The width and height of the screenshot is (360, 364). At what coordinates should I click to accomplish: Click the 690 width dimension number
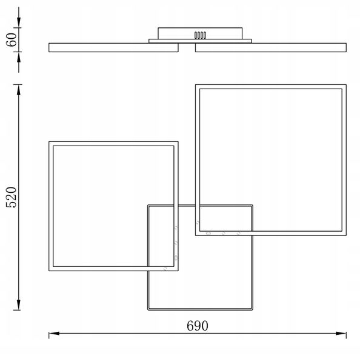tap(198, 326)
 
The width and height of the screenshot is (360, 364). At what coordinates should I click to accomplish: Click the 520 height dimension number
tap(12, 197)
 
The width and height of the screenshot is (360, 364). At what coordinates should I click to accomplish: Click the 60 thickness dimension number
tap(12, 39)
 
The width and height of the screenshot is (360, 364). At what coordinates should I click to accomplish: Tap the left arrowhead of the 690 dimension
tap(54, 333)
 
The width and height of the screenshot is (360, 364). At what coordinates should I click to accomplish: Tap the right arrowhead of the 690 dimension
tap(341, 333)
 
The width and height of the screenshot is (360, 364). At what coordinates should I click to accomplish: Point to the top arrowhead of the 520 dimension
tap(19, 90)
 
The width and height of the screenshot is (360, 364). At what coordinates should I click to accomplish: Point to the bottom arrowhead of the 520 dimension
tap(19, 305)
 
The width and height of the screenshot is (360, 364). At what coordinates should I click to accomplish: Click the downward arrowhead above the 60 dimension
tap(19, 22)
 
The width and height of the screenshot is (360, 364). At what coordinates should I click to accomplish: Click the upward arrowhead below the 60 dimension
tap(19, 57)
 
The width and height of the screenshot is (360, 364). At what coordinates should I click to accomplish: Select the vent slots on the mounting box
tap(200, 35)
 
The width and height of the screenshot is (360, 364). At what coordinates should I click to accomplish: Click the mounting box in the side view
tap(200, 33)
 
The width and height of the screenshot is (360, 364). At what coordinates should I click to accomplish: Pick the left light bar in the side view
tap(113, 47)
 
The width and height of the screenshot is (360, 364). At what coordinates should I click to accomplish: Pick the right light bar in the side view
tap(271, 47)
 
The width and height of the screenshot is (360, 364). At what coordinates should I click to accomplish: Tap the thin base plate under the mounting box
tap(200, 41)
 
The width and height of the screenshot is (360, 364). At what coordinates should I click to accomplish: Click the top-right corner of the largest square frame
tap(346, 84)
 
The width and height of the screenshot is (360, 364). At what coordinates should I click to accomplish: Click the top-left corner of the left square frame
tap(49, 141)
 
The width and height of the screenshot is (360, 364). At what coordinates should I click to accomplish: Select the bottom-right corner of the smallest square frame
tap(252, 310)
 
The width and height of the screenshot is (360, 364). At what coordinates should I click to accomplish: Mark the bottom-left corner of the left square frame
tap(49, 271)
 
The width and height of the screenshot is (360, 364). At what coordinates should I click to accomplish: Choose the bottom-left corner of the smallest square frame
tap(148, 310)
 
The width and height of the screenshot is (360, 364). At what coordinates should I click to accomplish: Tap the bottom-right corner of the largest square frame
tap(346, 235)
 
